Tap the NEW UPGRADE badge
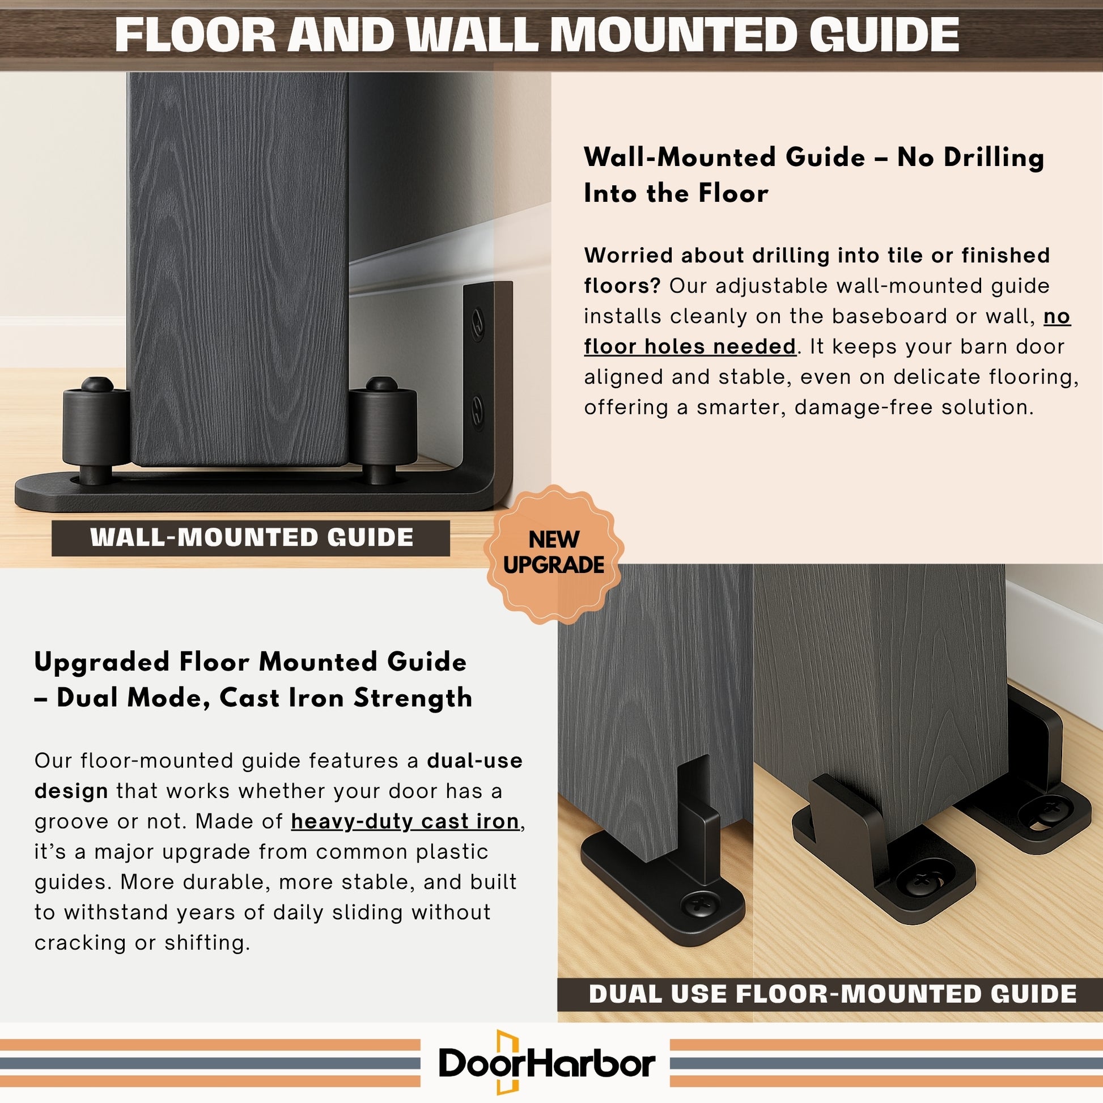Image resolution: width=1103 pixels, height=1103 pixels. pyautogui.click(x=553, y=553)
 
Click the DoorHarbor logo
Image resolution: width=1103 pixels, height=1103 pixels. pyautogui.click(x=547, y=1062)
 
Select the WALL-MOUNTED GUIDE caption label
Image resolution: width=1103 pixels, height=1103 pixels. pyautogui.click(x=251, y=538)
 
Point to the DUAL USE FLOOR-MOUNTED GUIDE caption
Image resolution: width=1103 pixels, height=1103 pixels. pyautogui.click(x=833, y=994)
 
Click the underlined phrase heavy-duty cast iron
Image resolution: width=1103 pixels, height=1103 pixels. pyautogui.click(x=405, y=821)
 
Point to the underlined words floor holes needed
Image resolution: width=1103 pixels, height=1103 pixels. pyautogui.click(x=690, y=346)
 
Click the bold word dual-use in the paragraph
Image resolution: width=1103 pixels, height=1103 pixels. pyautogui.click(x=474, y=761)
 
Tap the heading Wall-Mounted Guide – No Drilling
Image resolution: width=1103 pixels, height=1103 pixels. pyautogui.click(x=813, y=158)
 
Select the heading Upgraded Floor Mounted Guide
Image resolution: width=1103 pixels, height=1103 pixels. pyautogui.click(x=251, y=662)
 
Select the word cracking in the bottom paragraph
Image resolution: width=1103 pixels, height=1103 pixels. pyautogui.click(x=80, y=943)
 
